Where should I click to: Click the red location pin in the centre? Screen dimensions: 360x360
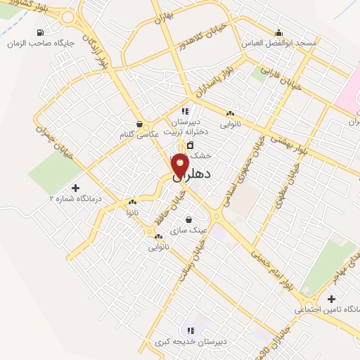click(x=181, y=165)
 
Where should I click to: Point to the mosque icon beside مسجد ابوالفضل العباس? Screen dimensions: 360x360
click(x=279, y=32)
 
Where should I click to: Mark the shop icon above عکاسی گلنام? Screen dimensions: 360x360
click(x=139, y=122)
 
